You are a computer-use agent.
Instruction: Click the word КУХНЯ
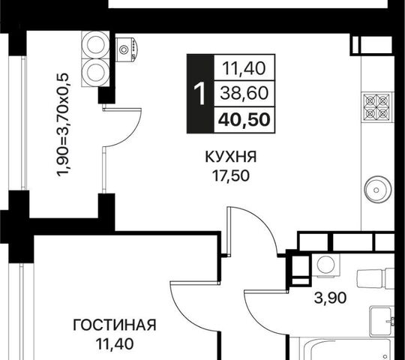231,157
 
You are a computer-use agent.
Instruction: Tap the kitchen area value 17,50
231,176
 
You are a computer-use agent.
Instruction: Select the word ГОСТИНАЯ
115,325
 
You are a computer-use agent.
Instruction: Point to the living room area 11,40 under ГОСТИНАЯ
115,343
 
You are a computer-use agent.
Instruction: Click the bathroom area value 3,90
330,298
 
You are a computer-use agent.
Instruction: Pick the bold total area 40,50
244,120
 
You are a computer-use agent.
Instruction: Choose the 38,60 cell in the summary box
244,93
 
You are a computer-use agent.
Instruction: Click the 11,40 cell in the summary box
244,68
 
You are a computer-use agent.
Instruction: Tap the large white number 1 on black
199,94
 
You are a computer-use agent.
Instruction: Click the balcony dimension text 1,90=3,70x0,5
63,124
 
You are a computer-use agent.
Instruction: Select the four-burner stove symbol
376,106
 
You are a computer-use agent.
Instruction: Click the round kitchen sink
377,190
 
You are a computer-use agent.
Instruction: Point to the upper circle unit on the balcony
95,45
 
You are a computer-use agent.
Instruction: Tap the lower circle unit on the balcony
95,72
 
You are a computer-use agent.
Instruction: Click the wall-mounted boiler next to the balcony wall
127,49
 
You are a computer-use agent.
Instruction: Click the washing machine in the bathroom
326,265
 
